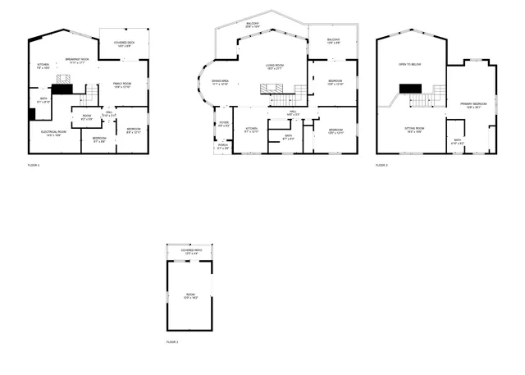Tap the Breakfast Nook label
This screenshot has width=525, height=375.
[77, 59]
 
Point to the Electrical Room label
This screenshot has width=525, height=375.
[52, 134]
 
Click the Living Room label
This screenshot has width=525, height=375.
[274, 66]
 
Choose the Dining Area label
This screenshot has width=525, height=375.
[220, 81]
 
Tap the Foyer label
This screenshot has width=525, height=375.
[223, 125]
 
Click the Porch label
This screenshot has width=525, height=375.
[223, 147]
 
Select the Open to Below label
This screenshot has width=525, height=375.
[409, 63]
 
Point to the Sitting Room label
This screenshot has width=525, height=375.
[413, 129]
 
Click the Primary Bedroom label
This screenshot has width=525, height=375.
[473, 104]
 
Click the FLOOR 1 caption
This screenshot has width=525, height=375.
[34, 166]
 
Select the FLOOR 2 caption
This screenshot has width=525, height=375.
[172, 341]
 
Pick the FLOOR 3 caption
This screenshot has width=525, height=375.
[382, 166]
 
